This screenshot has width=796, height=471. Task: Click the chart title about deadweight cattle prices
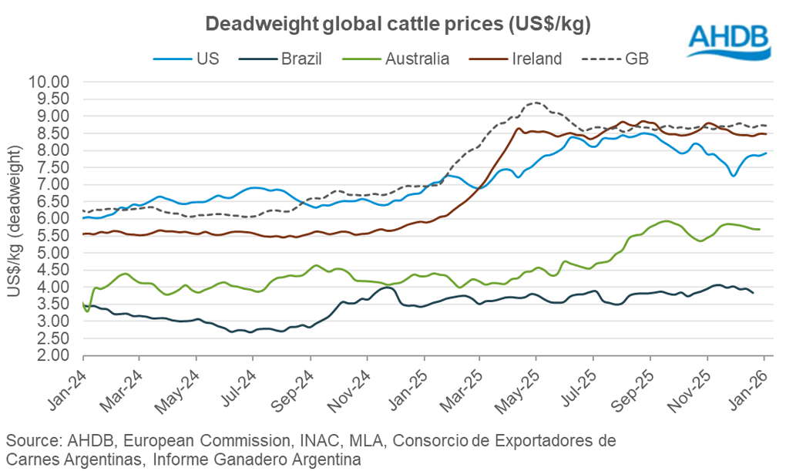click(397, 25)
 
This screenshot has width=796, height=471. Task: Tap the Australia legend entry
click(417, 59)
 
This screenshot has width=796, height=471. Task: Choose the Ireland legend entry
click(536, 59)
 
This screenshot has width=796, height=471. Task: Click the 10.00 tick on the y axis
click(50, 82)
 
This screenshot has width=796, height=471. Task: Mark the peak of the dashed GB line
click(534, 103)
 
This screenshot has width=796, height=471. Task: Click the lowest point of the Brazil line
click(232, 332)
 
